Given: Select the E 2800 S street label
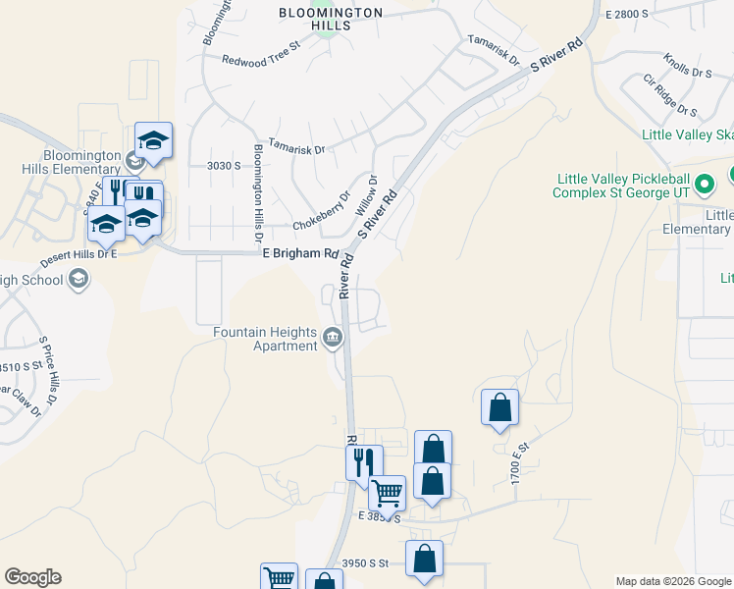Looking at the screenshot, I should click(x=628, y=15).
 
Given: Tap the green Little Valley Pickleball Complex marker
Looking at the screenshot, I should click(x=704, y=184).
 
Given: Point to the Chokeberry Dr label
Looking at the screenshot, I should click(x=321, y=212).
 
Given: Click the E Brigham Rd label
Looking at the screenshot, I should click(x=299, y=253).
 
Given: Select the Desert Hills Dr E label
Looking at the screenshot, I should click(x=79, y=258).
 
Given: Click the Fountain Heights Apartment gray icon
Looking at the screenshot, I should click(x=333, y=340).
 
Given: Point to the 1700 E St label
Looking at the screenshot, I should click(x=519, y=461).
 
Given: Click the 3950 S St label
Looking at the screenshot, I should click(x=366, y=563).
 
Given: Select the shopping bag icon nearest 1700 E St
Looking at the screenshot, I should click(x=499, y=407).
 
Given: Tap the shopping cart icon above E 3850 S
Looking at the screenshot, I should click(x=387, y=493).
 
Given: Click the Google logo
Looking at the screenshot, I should click(x=32, y=577).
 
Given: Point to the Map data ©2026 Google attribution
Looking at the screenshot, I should click(x=673, y=581).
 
